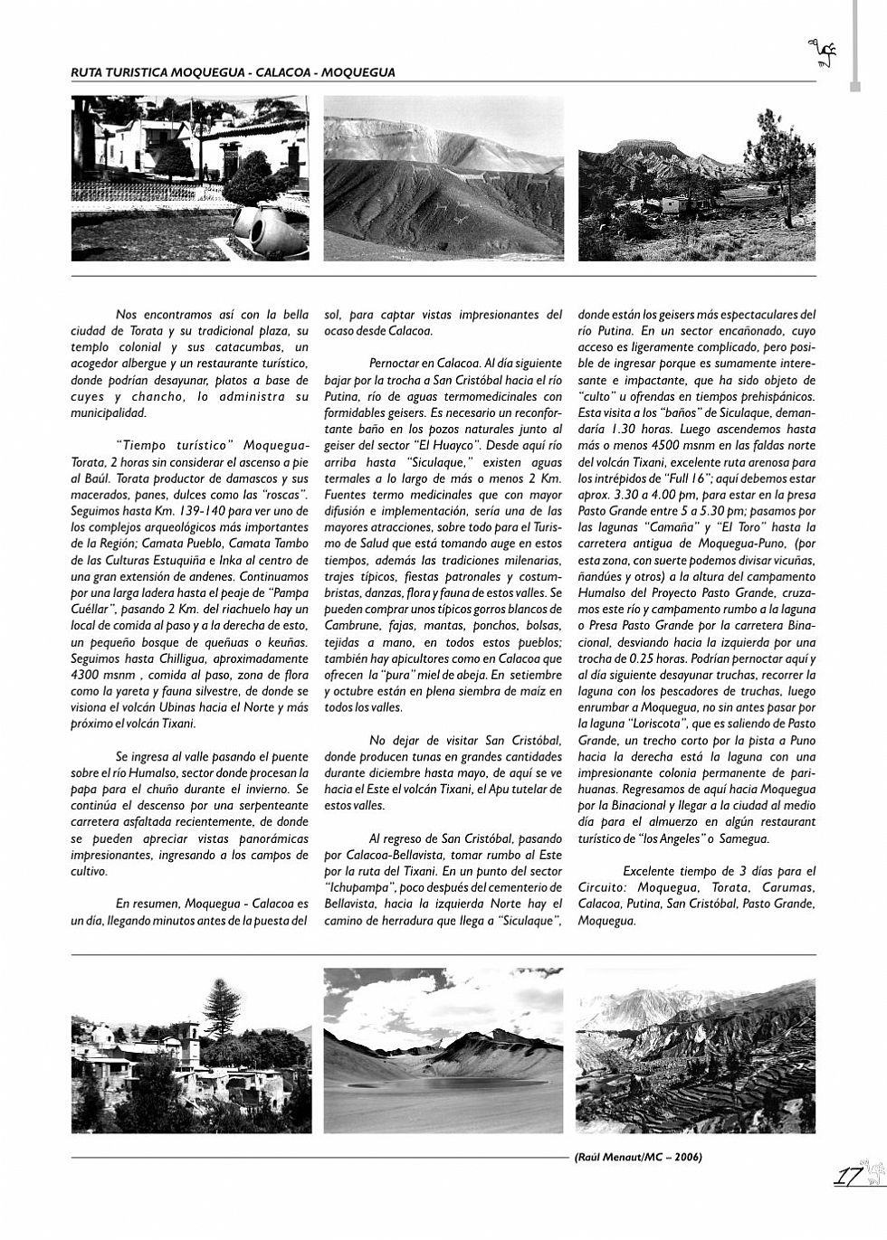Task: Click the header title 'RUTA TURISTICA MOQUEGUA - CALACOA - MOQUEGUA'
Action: point(233,72)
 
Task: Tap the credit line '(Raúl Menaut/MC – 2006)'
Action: point(637,1157)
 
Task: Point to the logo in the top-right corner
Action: point(823,55)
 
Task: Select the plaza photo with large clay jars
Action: point(190,178)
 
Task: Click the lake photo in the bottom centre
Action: point(443,1050)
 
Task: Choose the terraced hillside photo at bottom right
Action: point(695,1050)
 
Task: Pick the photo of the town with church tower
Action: point(191,1055)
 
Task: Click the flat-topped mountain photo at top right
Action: point(696,178)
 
